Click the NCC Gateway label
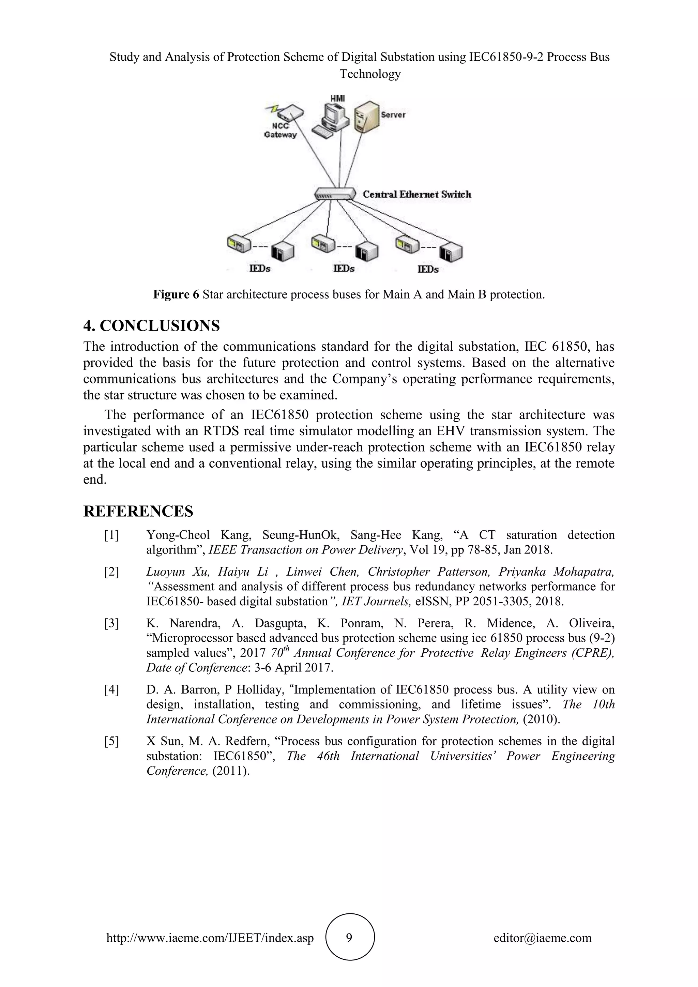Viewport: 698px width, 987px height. pyautogui.click(x=280, y=130)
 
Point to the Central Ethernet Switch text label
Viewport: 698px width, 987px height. pyautogui.click(x=417, y=194)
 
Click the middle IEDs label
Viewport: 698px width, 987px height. pyautogui.click(x=344, y=269)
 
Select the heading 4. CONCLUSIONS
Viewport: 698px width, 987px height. pyautogui.click(x=151, y=326)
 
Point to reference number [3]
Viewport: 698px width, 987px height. pyautogui.click(x=111, y=623)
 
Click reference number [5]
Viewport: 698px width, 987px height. pyautogui.click(x=111, y=741)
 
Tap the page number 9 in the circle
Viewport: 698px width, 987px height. pyautogui.click(x=349, y=938)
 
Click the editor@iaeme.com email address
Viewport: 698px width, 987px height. pyautogui.click(x=542, y=938)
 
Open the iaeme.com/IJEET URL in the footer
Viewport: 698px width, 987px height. pyautogui.click(x=210, y=938)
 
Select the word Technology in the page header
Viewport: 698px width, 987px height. pyautogui.click(x=370, y=74)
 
